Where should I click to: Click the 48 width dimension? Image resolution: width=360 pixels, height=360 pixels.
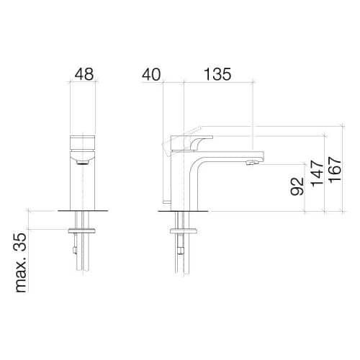(84, 74)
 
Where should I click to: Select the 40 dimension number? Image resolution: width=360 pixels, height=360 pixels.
(151, 74)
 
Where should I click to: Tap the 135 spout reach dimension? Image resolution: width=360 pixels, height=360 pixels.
(217, 74)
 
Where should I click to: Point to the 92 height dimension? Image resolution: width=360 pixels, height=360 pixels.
(297, 186)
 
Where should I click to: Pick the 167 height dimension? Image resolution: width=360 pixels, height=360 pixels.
(335, 170)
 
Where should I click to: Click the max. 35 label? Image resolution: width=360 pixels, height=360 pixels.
(21, 262)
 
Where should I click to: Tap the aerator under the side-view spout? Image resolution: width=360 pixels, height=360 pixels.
(251, 163)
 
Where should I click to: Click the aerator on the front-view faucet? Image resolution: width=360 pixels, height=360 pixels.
(83, 163)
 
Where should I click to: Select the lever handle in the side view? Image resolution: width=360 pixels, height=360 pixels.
(192, 143)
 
